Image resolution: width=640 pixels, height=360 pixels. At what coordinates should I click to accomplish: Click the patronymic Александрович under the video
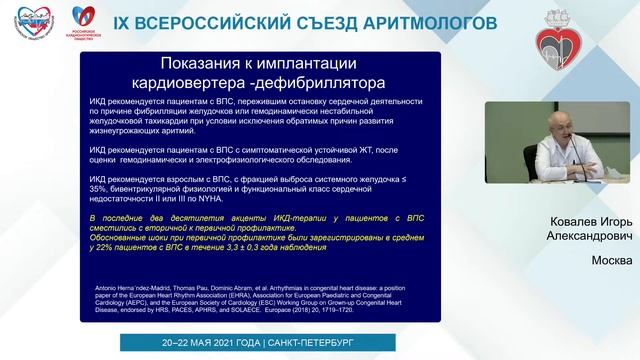point(583,241)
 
